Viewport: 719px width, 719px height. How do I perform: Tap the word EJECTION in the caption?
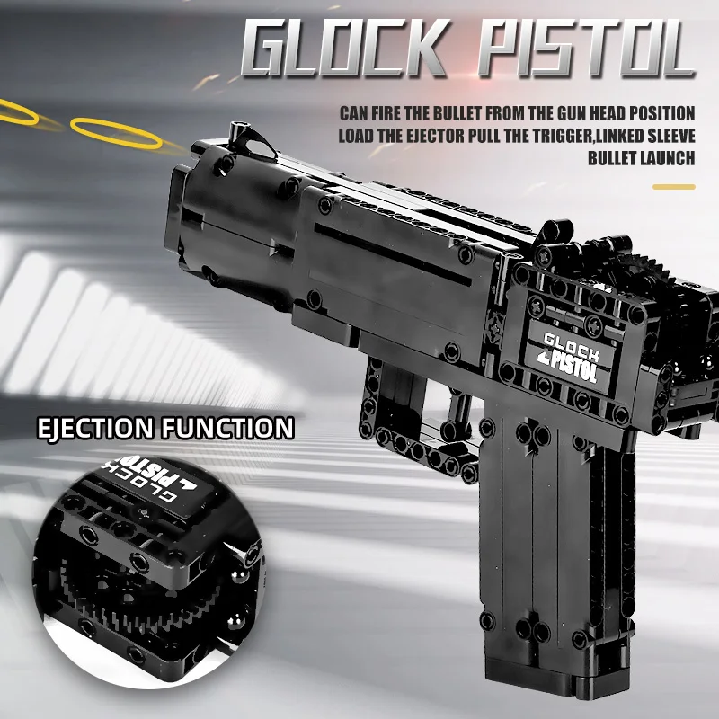coord(93,427)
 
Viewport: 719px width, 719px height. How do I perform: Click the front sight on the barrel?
coord(243,134)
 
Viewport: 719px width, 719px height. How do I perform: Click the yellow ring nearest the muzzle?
coord(117,134)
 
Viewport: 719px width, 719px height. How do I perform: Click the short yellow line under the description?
coord(673,187)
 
